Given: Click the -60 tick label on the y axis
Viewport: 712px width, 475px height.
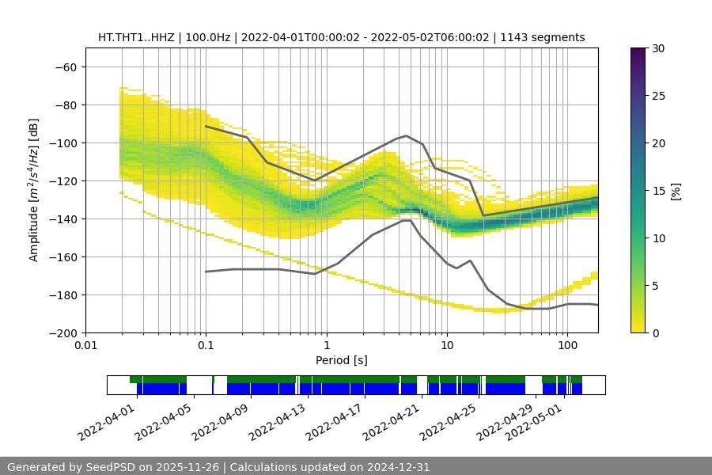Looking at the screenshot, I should tap(65, 66).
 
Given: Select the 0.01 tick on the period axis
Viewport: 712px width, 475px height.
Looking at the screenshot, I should tap(85, 346).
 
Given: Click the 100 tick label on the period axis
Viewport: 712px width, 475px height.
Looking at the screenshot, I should tap(567, 346).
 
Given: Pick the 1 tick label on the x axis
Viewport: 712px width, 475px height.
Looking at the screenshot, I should tap(326, 346).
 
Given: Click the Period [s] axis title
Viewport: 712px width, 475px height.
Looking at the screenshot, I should tap(342, 360).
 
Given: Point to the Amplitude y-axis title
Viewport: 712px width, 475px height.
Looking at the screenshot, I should tap(34, 190).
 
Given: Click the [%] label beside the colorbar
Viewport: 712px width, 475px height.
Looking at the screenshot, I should tap(676, 191).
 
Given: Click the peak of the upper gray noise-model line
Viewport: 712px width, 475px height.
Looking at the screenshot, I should tap(407, 135).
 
